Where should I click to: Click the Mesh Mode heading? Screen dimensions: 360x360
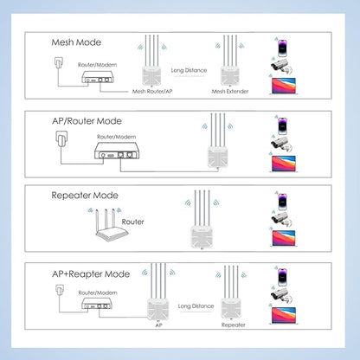click(x=76, y=42)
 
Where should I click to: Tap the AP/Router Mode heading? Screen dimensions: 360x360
click(x=87, y=121)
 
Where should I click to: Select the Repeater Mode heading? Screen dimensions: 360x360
click(x=85, y=196)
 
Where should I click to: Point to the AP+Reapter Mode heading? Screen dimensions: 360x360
click(x=91, y=274)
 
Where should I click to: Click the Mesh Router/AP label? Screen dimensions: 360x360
click(x=152, y=91)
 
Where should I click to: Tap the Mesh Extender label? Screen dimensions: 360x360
click(x=230, y=91)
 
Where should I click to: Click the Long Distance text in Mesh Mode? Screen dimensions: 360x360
click(x=189, y=70)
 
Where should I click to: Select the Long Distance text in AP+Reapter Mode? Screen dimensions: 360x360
click(x=196, y=306)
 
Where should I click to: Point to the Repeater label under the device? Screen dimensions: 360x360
click(x=233, y=325)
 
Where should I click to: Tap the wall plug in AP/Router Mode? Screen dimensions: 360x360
click(x=61, y=139)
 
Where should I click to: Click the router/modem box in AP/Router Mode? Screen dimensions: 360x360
click(x=117, y=151)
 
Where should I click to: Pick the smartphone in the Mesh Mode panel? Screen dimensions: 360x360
click(x=282, y=48)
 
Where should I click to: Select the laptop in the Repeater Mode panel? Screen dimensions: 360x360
click(x=284, y=238)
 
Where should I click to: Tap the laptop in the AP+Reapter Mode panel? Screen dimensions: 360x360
click(x=284, y=316)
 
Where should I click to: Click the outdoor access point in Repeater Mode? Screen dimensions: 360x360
click(x=202, y=219)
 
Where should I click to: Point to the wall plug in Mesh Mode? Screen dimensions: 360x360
click(x=59, y=62)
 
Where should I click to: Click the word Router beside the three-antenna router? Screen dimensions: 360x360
click(x=132, y=222)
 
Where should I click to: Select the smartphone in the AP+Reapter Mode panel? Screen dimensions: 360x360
click(x=282, y=277)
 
